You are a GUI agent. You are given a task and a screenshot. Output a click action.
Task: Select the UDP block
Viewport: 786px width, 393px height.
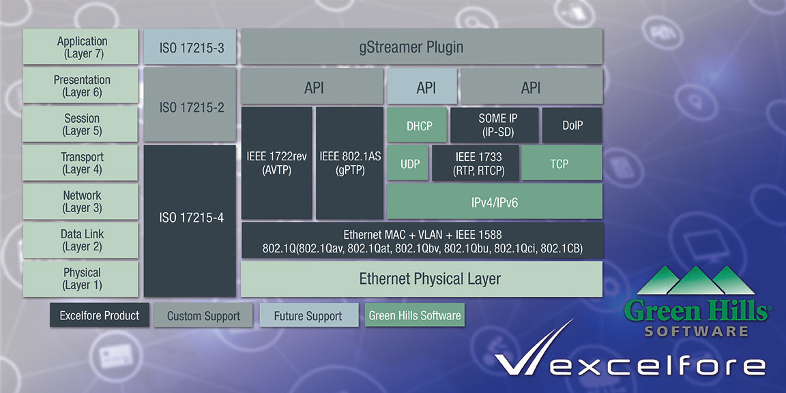click(407, 163)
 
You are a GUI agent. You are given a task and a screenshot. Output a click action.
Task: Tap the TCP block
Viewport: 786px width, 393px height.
click(562, 163)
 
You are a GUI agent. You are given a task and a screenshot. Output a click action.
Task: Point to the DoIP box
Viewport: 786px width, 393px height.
click(572, 125)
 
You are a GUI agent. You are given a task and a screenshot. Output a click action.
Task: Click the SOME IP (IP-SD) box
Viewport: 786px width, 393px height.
click(494, 125)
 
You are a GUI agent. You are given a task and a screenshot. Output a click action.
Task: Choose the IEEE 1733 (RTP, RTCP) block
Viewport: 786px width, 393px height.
click(475, 163)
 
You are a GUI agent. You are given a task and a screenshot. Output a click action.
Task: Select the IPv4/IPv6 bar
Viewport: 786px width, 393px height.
click(494, 201)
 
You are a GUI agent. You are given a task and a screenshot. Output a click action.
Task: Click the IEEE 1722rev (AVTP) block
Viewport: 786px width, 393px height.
click(277, 163)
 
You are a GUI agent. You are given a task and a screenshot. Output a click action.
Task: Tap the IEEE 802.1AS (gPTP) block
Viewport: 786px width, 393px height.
click(349, 163)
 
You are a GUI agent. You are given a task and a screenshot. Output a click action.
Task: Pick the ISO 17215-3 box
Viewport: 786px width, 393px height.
click(190, 46)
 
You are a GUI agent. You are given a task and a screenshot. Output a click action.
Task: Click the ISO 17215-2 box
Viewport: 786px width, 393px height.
click(190, 105)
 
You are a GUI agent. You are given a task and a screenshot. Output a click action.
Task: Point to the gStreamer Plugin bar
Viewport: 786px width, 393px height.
click(422, 46)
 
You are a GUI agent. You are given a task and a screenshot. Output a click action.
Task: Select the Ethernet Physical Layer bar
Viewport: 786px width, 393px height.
click(422, 278)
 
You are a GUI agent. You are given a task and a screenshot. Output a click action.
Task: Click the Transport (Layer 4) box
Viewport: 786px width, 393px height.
click(81, 163)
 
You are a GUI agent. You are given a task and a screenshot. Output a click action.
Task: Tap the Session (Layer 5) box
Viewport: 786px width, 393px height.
click(81, 124)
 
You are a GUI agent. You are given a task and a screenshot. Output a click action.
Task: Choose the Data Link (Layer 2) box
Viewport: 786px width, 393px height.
click(81, 240)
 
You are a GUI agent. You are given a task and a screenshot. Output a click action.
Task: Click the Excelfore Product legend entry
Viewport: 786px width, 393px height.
click(99, 315)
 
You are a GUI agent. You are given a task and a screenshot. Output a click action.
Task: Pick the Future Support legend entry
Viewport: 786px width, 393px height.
click(308, 315)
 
